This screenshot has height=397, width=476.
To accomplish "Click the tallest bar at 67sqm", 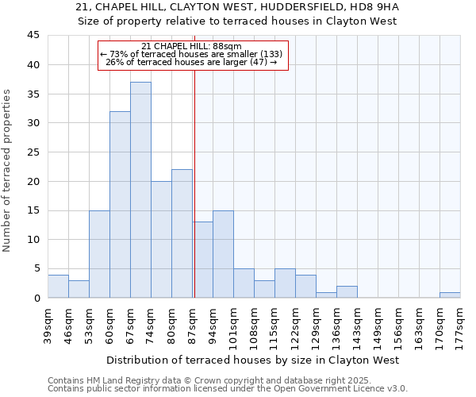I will click(140, 190).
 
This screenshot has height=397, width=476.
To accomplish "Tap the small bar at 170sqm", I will click(450, 295).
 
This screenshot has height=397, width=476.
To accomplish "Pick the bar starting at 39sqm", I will click(58, 286).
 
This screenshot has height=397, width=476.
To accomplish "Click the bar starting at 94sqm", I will click(223, 254).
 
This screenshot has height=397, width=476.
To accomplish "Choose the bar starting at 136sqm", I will click(347, 291).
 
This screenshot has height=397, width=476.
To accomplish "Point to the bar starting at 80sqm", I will click(182, 233).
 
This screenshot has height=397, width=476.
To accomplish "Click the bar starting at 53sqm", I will click(99, 254).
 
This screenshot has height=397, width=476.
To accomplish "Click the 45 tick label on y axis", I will click(33, 36).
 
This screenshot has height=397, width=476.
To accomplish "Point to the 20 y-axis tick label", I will click(33, 181).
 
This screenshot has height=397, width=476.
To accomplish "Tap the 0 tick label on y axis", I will click(36, 298).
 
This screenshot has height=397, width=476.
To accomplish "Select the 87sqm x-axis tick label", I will click(192, 323).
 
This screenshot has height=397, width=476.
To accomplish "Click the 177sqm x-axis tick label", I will click(460, 323).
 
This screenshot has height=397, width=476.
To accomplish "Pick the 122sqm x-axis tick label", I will click(295, 323).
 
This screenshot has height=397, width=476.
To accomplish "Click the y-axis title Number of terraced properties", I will click(8, 170).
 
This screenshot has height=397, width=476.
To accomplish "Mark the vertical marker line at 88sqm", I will click(194, 183).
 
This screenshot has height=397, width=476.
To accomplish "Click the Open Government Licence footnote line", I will click(227, 389).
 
